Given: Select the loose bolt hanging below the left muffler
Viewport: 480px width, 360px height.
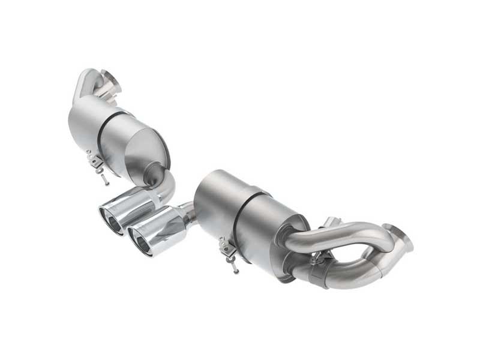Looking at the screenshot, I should [106, 178].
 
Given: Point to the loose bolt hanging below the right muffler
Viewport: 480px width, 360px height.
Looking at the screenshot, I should [235, 267].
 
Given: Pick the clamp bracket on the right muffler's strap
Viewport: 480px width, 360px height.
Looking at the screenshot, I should [226, 247].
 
